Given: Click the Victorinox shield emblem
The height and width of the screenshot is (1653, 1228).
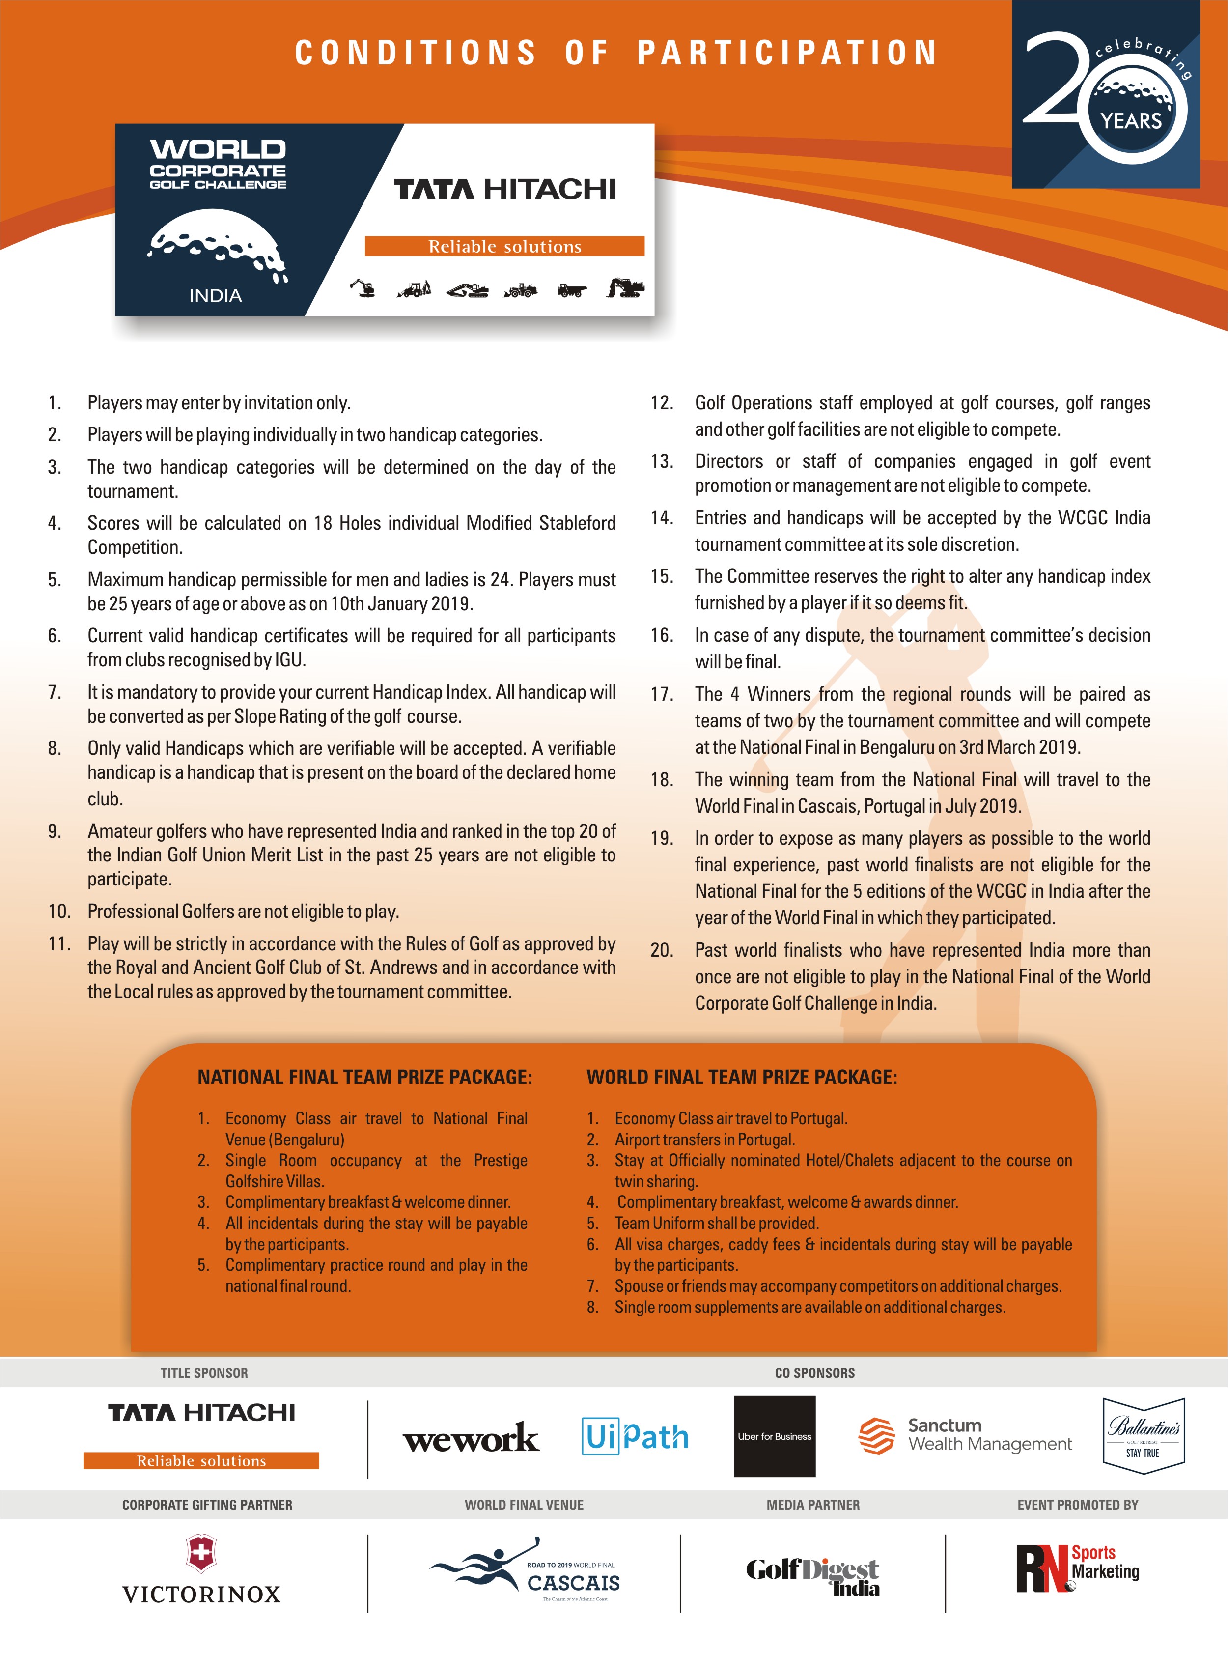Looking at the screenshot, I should [x=201, y=1553].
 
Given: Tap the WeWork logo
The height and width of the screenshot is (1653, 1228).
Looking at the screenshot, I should [x=471, y=1437].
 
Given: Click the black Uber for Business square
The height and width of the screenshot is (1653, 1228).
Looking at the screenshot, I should [x=775, y=1436].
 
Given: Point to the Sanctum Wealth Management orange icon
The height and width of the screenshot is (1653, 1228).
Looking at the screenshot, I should [x=876, y=1435].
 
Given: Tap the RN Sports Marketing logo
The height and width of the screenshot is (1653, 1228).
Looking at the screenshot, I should [x=1077, y=1567].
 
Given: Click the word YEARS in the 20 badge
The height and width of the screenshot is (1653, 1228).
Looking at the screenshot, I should [x=1131, y=121].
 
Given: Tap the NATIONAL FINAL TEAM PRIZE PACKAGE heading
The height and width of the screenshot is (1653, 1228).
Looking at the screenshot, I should [x=364, y=1078].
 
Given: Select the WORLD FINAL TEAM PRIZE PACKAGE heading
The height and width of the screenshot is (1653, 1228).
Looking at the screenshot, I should [x=741, y=1078].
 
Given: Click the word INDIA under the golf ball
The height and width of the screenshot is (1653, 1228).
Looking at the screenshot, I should [x=216, y=296].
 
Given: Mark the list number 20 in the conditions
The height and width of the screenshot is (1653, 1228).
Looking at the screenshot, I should [x=662, y=950].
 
